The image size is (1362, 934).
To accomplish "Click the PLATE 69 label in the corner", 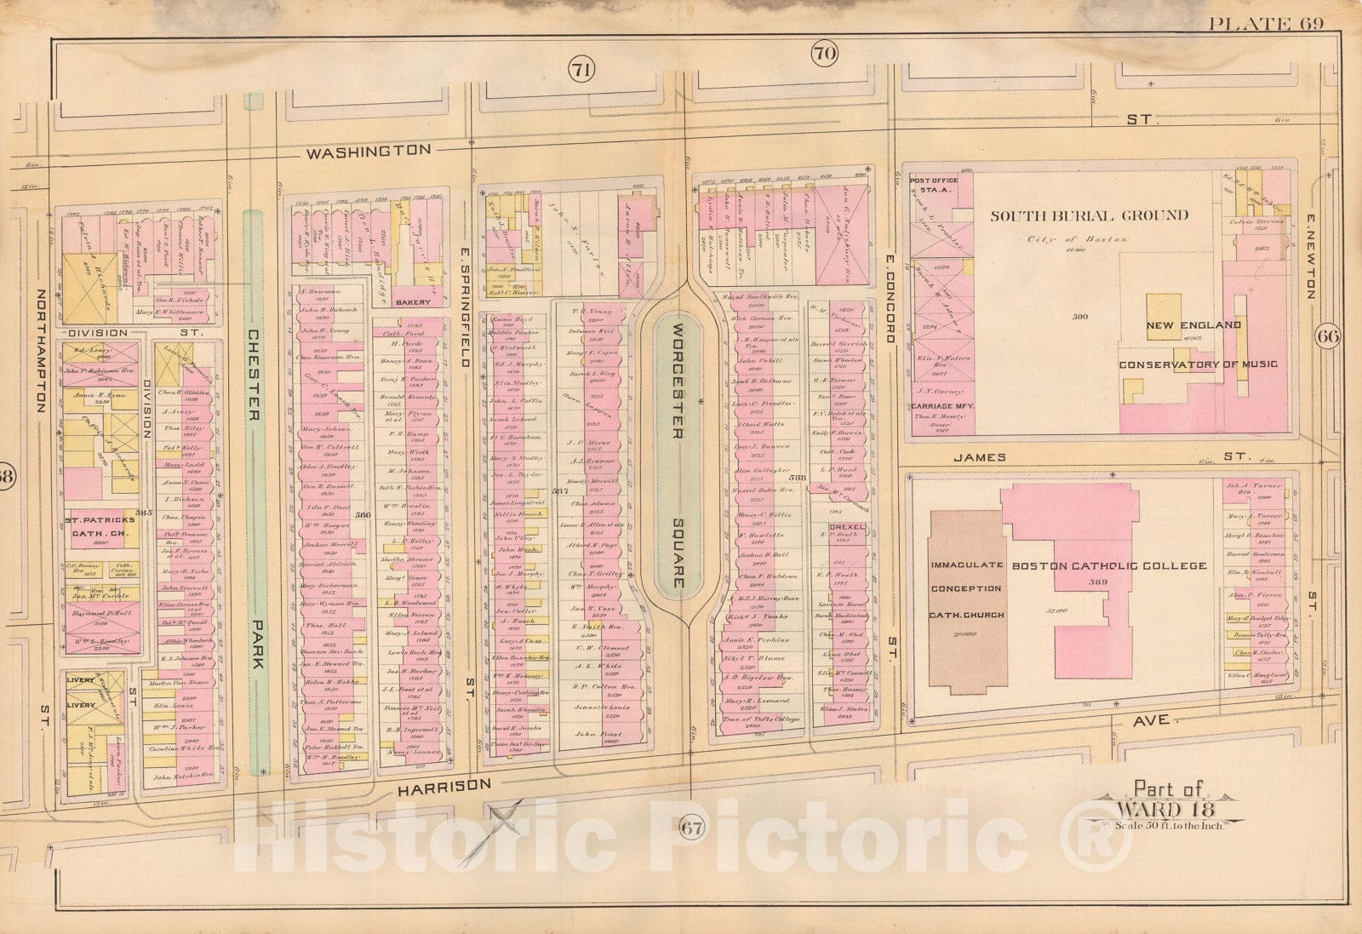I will click(1267, 23).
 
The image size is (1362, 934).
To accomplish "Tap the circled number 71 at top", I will click(582, 71).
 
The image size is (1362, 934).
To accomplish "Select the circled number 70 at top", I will click(824, 54).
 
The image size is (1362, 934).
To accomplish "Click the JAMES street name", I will click(979, 457).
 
